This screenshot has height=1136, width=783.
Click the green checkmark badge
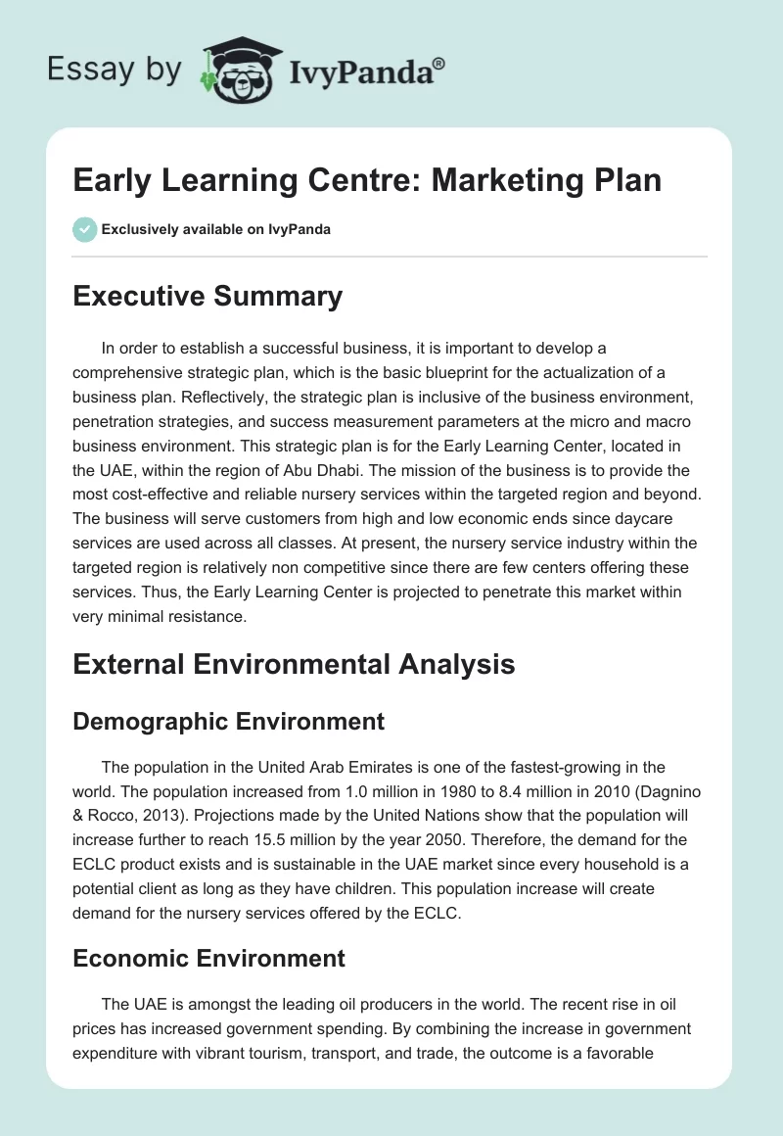84,230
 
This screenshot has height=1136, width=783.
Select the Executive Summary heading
207,297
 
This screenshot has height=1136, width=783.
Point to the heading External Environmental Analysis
294,664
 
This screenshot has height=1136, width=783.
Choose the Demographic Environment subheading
228,722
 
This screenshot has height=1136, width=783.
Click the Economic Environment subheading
208,957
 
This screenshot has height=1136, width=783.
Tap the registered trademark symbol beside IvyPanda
439,63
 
